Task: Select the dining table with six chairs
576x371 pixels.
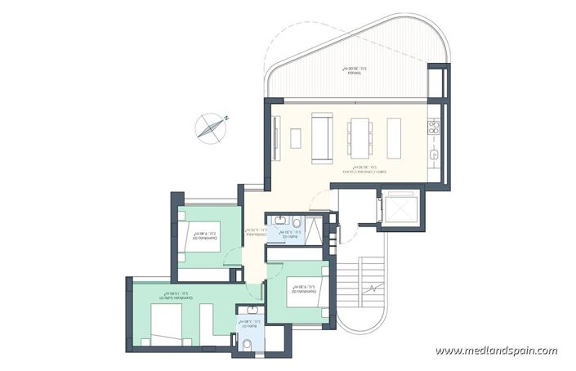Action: [x=359, y=137]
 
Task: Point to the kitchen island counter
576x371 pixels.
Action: [x=394, y=137]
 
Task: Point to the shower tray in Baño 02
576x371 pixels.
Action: [x=312, y=233]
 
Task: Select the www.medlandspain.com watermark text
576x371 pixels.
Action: [x=497, y=351]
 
